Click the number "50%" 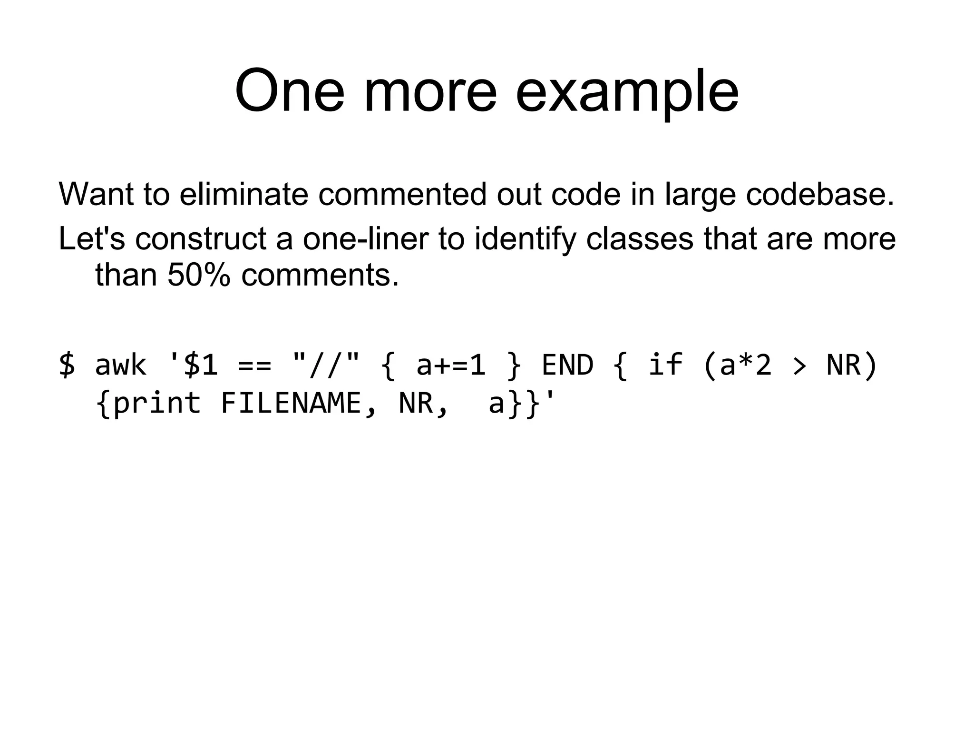pos(199,275)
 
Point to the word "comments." pos(320,275)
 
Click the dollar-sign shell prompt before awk pos(67,365)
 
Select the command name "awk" pos(120,365)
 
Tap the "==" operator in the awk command pos(254,365)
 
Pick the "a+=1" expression pos(450,365)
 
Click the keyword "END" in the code pos(567,365)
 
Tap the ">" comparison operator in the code pos(799,366)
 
